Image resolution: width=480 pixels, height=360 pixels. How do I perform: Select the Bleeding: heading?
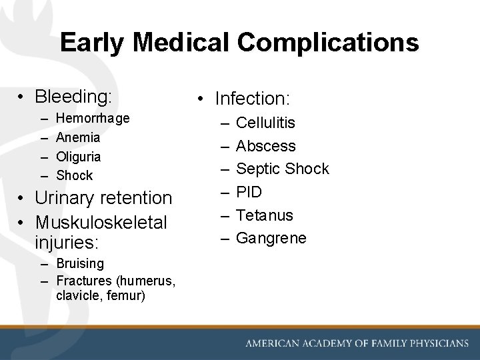(73, 97)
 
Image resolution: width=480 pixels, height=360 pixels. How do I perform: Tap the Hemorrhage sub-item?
(93, 118)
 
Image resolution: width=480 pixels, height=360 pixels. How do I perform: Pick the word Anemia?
(78, 137)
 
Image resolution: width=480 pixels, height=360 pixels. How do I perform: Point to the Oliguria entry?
(79, 157)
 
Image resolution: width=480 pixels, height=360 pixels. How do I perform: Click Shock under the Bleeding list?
(75, 176)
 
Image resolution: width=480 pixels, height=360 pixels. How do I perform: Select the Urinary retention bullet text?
(103, 198)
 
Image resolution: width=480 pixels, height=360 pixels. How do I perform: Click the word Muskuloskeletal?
(101, 221)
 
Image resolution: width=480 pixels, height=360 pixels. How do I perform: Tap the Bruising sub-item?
(80, 263)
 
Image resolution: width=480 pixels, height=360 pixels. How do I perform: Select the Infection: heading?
(252, 99)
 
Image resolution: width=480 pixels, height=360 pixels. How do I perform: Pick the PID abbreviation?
(249, 192)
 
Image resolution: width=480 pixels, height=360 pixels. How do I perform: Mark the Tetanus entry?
(265, 215)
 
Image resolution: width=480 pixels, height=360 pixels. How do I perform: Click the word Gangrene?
(271, 238)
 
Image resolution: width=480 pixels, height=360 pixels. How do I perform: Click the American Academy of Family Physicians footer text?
(357, 343)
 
